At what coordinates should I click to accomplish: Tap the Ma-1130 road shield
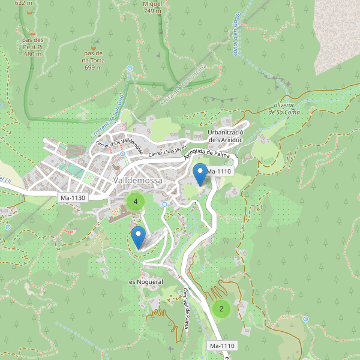click(x=73, y=197)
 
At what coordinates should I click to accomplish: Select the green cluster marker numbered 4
click(x=136, y=202)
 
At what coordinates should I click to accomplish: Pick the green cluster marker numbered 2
click(x=221, y=309)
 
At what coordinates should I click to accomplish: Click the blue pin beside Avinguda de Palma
click(x=200, y=174)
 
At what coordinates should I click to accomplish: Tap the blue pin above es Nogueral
click(x=138, y=237)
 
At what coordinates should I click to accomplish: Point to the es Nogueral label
click(x=146, y=281)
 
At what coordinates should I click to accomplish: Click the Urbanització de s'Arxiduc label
click(x=225, y=136)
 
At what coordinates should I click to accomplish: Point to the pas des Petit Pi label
click(x=33, y=48)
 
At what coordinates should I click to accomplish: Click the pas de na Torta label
click(x=93, y=60)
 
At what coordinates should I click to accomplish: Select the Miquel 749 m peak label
click(x=152, y=7)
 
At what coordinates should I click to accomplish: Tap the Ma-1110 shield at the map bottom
click(x=222, y=346)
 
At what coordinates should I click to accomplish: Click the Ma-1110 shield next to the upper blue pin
click(x=219, y=172)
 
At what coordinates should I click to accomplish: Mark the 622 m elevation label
click(x=23, y=3)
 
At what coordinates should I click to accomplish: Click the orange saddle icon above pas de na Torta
click(x=93, y=45)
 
